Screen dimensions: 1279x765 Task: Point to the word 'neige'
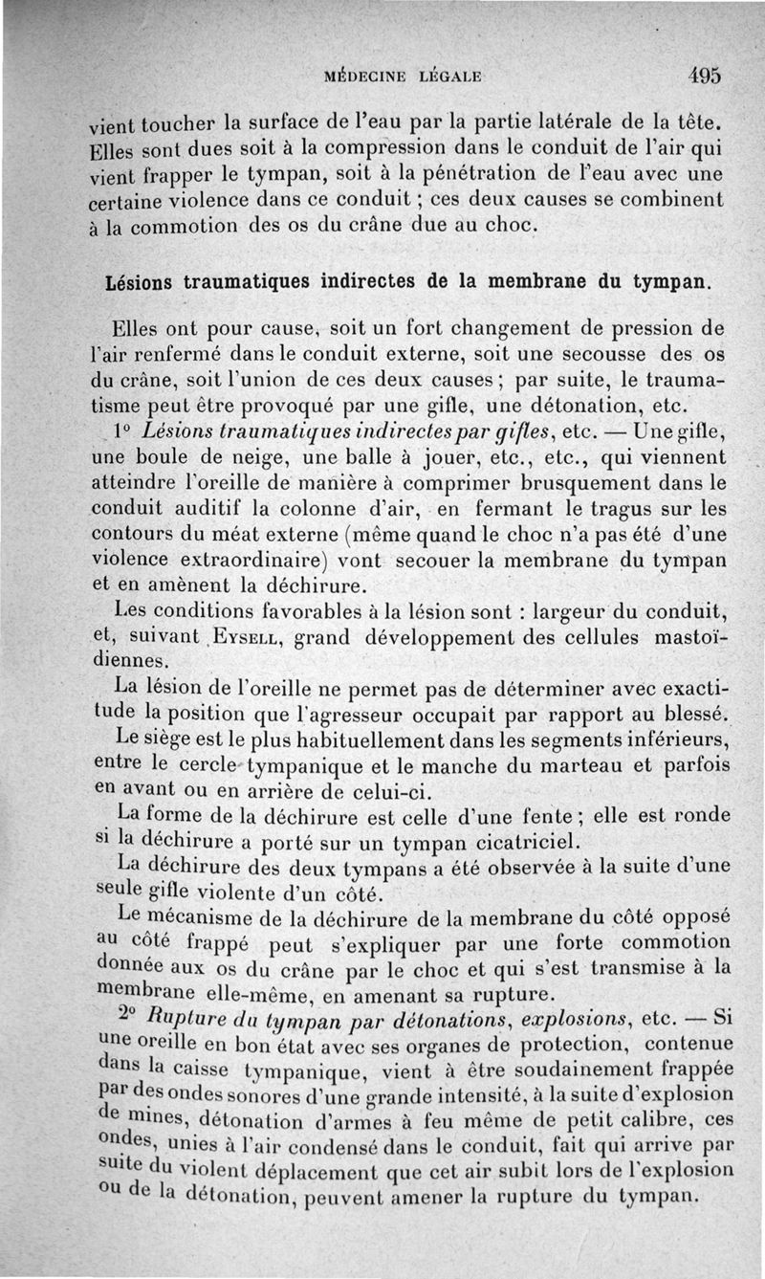pyautogui.click(x=213, y=457)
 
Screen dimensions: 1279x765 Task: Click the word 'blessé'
pyautogui.click(x=698, y=713)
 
